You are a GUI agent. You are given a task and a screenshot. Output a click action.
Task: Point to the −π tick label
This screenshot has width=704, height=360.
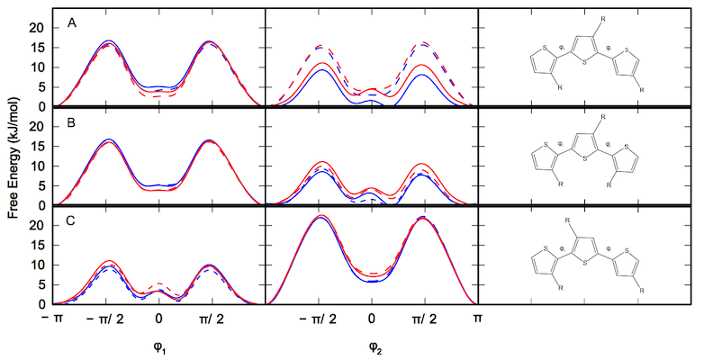click(x=56, y=319)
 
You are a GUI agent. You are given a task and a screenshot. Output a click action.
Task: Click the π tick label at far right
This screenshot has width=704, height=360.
click(x=478, y=319)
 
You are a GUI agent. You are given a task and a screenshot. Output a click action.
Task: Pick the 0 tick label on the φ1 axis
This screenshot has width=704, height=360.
click(x=159, y=319)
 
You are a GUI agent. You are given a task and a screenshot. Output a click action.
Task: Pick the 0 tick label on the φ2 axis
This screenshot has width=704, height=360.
click(x=372, y=319)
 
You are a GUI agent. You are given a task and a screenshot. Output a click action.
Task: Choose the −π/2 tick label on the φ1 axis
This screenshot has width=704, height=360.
click(x=104, y=319)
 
